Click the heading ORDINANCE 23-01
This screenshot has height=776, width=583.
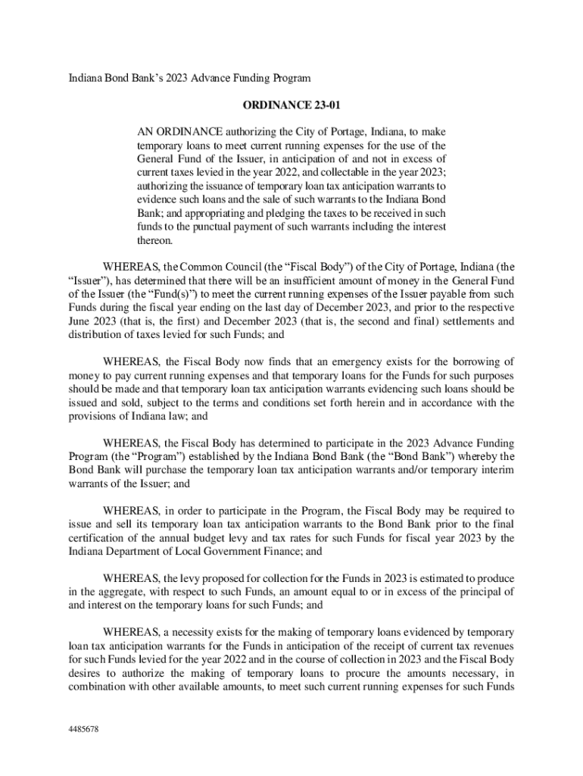coord(291,105)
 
